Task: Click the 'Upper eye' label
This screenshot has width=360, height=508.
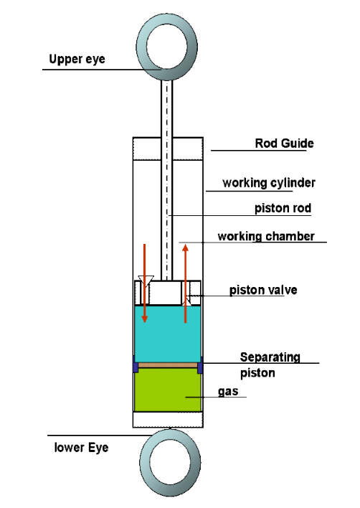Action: (77, 60)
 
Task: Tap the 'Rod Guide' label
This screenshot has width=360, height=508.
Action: (284, 144)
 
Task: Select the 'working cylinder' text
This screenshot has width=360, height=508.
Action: (269, 183)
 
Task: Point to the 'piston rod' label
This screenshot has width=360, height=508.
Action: (283, 208)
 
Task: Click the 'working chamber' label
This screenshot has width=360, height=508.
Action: (266, 236)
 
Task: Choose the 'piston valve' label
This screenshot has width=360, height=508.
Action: (263, 290)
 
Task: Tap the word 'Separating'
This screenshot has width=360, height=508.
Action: (270, 357)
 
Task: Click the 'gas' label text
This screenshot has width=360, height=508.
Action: (228, 392)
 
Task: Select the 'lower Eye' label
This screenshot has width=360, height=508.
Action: (81, 448)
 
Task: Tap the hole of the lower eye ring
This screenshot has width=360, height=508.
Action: (170, 461)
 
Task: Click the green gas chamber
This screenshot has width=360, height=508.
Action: (168, 392)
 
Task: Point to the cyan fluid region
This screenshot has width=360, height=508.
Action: (168, 334)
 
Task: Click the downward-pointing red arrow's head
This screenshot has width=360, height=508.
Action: (144, 319)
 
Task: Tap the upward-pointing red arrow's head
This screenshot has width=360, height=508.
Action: (185, 248)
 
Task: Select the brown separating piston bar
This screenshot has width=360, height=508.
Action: (168, 365)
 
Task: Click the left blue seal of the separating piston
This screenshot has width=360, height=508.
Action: (136, 365)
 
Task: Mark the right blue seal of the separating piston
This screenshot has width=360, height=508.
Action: (200, 365)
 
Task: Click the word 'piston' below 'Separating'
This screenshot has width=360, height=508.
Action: (257, 373)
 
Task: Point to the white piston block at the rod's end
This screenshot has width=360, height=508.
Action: (165, 293)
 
